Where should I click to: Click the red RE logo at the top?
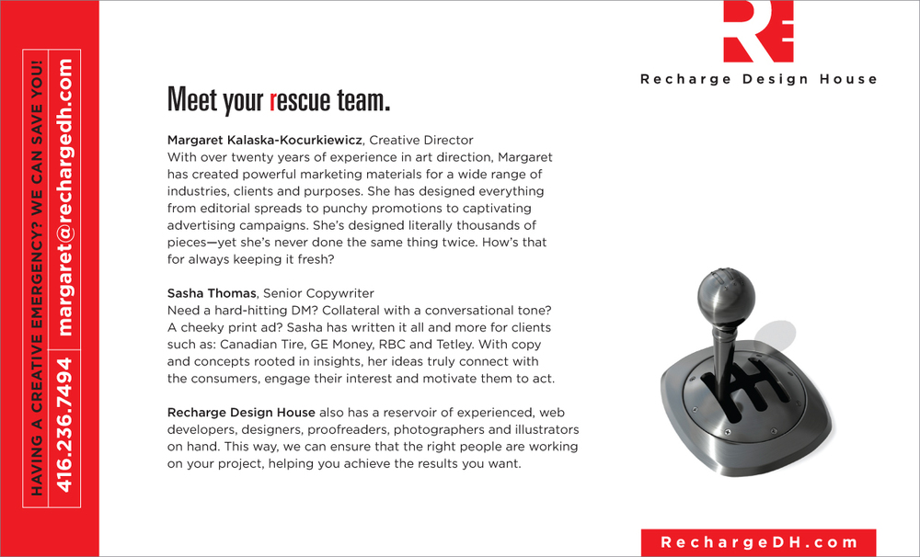point(758,31)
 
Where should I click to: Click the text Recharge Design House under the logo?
point(758,79)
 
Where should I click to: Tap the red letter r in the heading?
point(273,100)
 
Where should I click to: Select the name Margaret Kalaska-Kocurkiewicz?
point(266,141)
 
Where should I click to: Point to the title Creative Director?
point(421,141)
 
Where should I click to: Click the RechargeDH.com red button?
point(758,542)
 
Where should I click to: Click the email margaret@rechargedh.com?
point(64,198)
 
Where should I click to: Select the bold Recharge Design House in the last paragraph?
point(241,413)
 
